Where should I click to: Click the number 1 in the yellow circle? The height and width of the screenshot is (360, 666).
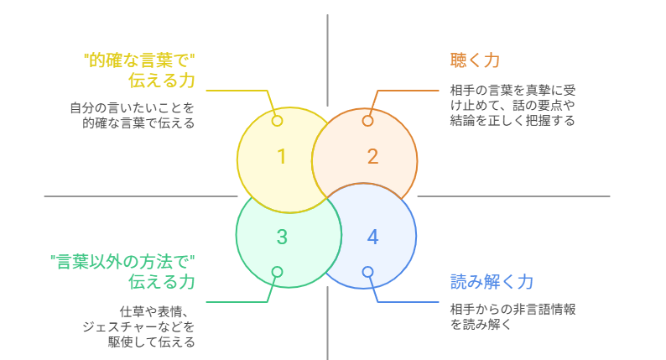[282, 157]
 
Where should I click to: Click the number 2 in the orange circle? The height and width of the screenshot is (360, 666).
[372, 157]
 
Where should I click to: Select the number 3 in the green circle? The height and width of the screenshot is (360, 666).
[282, 237]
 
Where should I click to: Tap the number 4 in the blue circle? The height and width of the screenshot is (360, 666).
[372, 237]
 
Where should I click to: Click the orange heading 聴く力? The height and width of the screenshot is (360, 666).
[475, 60]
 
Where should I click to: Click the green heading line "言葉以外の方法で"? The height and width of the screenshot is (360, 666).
[122, 261]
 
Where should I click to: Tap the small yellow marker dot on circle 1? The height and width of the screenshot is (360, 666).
[277, 121]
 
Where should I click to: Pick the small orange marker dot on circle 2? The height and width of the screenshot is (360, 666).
[367, 121]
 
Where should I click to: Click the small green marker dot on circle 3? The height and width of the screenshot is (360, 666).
[277, 272]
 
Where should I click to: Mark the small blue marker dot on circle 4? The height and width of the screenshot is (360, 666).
[367, 272]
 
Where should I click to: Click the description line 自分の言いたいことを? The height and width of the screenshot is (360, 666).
[132, 107]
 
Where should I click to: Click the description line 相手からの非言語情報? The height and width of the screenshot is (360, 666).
[513, 309]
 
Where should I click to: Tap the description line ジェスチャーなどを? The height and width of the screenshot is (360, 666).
[138, 326]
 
